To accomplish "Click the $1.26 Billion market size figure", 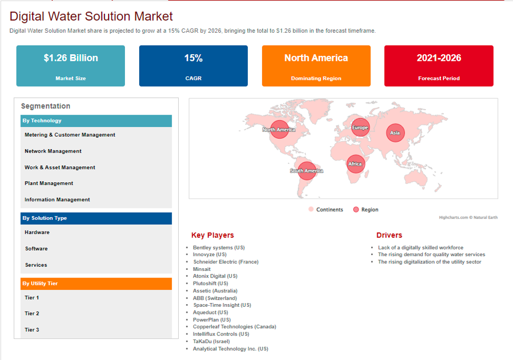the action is point(71,58).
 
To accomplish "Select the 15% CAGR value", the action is point(194,58).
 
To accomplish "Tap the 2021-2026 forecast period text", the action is point(439,58).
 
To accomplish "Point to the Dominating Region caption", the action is point(316,78).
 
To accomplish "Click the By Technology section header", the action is point(96,121).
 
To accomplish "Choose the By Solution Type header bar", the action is point(96,218).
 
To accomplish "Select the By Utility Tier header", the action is point(96,284).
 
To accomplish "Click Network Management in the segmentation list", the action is point(53,151).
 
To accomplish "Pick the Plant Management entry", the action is point(49,183).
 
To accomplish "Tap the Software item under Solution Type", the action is point(36,249).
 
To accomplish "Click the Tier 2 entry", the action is point(32,313).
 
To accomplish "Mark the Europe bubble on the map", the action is point(360,128).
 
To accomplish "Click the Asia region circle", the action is point(395,133).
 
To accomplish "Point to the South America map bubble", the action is point(307,171).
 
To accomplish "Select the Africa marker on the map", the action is point(355,164).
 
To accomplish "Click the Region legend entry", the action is point(366,209).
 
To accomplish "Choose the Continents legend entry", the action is point(326,209).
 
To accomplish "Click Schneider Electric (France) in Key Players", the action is point(226,262).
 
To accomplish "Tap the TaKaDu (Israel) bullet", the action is point(211,342).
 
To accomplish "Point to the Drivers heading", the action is point(389,236).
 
